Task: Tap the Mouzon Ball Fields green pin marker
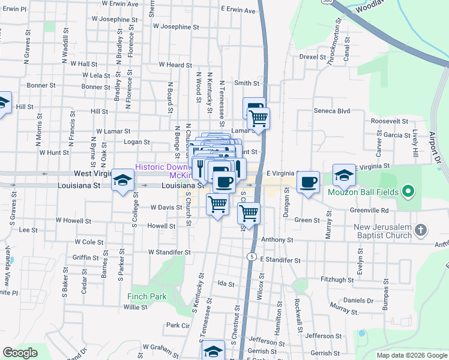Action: (409, 193)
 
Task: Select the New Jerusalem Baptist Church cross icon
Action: (421, 230)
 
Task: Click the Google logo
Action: (20, 353)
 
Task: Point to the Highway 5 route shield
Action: (250, 257)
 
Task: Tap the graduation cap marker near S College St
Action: (122, 181)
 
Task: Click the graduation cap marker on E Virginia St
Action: (344, 176)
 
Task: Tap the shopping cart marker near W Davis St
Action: (218, 204)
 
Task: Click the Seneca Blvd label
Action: (332, 111)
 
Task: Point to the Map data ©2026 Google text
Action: (412, 355)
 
